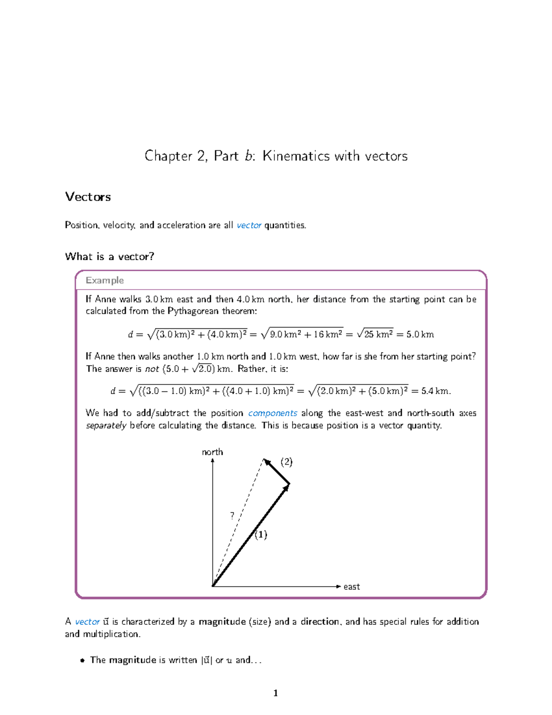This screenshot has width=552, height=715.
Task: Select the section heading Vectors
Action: [88, 197]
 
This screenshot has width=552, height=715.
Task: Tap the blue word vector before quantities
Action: [249, 225]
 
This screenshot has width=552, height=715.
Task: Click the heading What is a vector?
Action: [109, 256]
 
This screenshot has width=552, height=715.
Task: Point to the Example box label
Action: [104, 280]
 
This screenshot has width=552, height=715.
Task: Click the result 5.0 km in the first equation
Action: [420, 334]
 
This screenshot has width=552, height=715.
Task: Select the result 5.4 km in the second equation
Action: [435, 391]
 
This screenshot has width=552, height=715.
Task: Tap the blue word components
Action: [272, 413]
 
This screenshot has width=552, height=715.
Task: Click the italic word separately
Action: [106, 425]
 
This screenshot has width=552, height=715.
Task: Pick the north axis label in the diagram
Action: [212, 452]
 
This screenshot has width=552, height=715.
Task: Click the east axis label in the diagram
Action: [351, 587]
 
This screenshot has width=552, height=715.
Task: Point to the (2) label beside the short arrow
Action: [287, 462]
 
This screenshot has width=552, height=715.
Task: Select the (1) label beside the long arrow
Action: [261, 535]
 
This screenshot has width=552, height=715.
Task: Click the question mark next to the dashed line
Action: [232, 516]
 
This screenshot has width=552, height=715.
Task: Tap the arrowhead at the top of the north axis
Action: [213, 460]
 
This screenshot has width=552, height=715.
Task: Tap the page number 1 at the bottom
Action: [276, 693]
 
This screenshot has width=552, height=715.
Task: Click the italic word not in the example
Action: [152, 369]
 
